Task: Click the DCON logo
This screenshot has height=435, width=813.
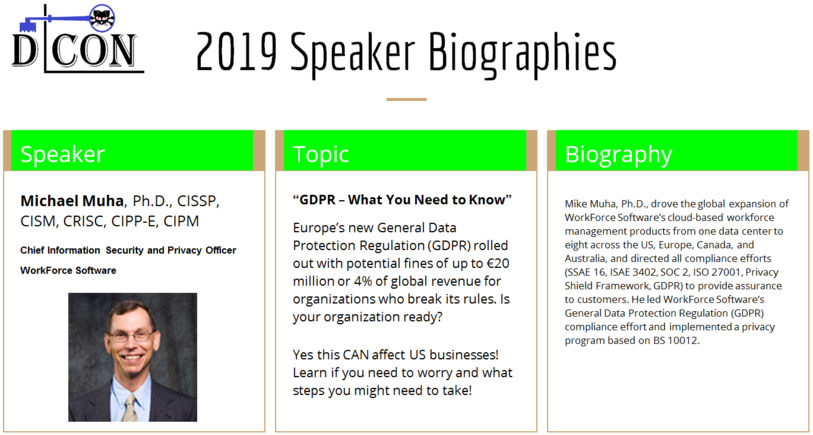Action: (78, 39)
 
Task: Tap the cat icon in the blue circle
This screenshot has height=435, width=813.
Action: (102, 18)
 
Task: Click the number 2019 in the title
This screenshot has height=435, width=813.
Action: (236, 51)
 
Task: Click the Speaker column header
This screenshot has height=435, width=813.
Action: (62, 155)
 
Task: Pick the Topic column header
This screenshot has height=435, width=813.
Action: (320, 155)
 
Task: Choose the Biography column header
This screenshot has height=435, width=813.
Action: (618, 155)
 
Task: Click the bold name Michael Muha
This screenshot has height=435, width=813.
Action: (73, 201)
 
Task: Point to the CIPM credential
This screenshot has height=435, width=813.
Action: (181, 221)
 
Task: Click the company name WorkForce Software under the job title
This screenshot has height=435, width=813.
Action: (68, 270)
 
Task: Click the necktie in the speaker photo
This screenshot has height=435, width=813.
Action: (129, 408)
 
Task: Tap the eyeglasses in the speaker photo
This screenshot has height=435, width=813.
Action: (131, 335)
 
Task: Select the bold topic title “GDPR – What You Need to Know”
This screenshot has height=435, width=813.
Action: (402, 200)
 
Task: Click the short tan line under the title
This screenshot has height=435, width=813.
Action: (406, 99)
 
